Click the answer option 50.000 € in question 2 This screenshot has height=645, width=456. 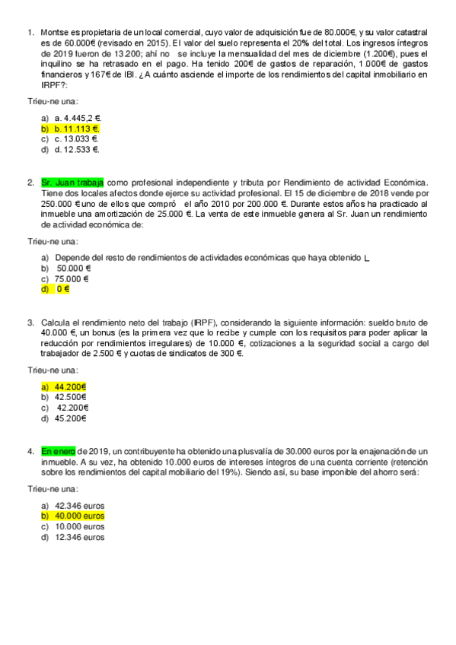click(74, 268)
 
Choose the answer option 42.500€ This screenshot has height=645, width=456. click(71, 397)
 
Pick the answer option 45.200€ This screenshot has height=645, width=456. click(71, 418)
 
